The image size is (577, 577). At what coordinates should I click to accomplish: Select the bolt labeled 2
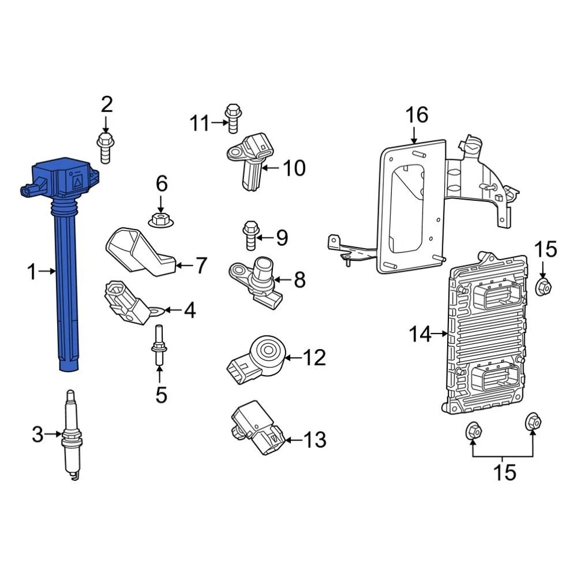coord(105,147)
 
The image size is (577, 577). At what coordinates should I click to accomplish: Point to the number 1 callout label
coord(32,272)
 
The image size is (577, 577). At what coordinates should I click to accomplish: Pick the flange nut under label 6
coord(160,219)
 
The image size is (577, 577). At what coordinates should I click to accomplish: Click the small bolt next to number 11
coord(232,117)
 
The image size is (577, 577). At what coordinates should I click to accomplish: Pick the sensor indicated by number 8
coord(260,278)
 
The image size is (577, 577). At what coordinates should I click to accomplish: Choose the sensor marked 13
coord(257,429)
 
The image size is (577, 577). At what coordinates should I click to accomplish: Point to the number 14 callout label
coord(421,334)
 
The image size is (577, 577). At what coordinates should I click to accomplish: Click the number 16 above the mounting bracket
coord(416,114)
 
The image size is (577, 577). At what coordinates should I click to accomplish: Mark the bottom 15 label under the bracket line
coord(505,472)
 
